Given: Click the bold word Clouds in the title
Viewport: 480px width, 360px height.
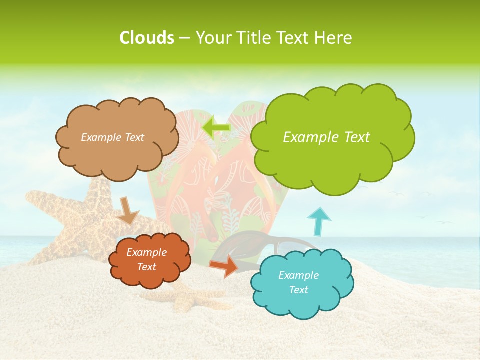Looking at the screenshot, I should pos(146,38).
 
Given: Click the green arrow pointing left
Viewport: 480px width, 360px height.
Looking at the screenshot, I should pos(216,127).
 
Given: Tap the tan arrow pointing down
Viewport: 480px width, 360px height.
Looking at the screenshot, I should pos(128,210).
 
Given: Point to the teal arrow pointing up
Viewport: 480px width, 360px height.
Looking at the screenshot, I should pos(318,221).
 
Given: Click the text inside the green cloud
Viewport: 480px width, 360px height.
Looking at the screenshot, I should pos(326,137).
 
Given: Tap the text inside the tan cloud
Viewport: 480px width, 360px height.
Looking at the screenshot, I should pos(112,137).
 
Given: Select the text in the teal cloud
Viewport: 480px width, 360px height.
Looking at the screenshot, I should pos(298,282).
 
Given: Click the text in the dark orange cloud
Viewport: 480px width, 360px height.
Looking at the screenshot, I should pos(146,259).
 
